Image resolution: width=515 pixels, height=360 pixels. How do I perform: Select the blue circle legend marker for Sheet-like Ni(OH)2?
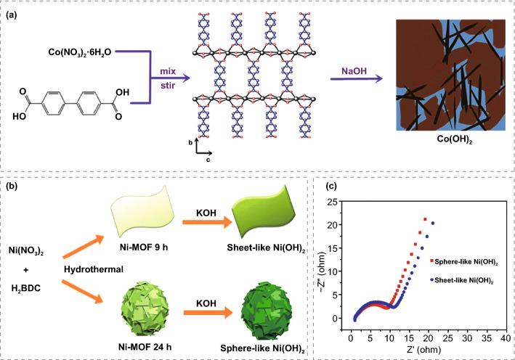tap(433, 278)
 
